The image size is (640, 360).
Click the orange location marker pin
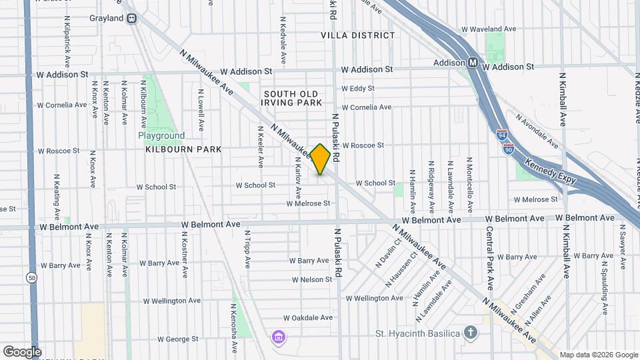(321, 159)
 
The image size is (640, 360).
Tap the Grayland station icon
(132, 18)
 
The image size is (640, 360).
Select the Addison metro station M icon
(473, 63)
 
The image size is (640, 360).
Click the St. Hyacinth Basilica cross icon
(471, 333)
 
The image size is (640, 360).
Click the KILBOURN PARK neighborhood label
(183, 149)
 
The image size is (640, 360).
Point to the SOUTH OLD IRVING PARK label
(292, 98)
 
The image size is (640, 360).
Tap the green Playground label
(161, 135)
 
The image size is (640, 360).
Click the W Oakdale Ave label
(307, 318)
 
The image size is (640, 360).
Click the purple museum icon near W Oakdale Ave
(277, 337)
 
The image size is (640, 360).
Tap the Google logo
(22, 351)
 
